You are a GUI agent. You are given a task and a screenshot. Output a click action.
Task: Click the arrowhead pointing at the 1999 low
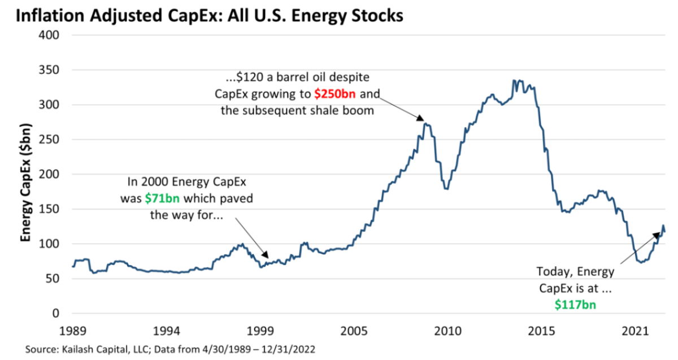point(268,258)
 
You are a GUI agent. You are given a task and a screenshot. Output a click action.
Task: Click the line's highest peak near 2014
point(515,80)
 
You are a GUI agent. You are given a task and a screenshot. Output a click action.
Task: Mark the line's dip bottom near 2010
point(446,189)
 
